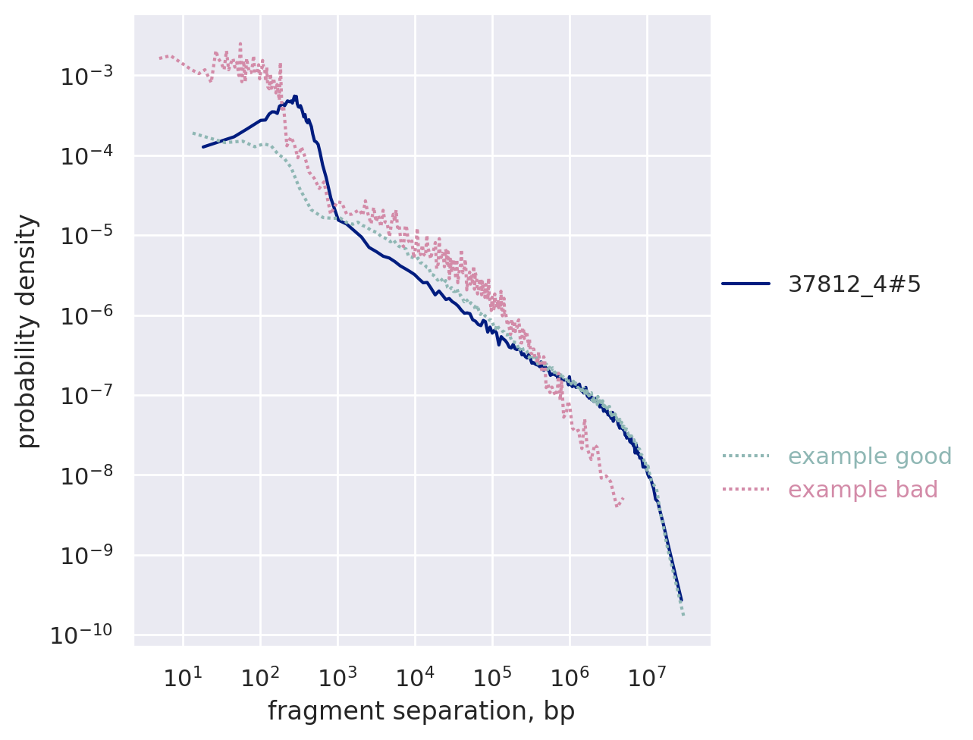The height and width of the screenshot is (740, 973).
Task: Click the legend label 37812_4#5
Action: click(855, 284)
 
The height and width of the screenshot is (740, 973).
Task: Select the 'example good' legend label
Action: click(870, 456)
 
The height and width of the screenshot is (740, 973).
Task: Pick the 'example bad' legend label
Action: click(863, 490)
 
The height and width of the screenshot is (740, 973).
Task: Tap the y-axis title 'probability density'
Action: click(27, 331)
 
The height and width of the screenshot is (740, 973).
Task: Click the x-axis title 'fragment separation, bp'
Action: click(421, 711)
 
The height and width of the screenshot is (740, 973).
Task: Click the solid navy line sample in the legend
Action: click(745, 284)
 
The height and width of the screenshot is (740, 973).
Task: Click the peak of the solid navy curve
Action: click(294, 96)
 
